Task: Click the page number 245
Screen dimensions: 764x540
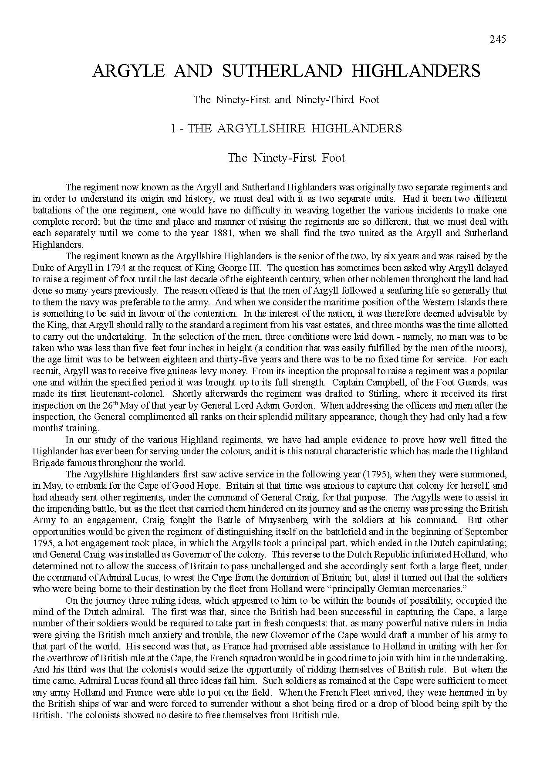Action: (x=498, y=39)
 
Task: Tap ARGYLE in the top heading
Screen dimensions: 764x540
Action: (x=128, y=71)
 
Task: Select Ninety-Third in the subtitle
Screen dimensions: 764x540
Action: (x=324, y=100)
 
